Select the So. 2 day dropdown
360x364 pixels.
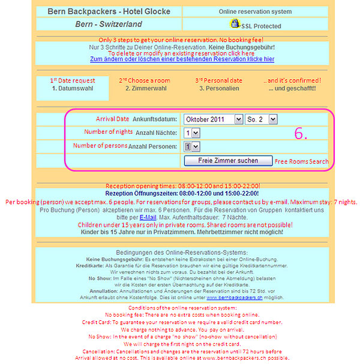(x=262, y=119)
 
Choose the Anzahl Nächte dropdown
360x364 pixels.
(x=192, y=133)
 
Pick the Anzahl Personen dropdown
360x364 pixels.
(x=192, y=146)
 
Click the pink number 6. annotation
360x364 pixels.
(x=301, y=134)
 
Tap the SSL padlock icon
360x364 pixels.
(x=235, y=24)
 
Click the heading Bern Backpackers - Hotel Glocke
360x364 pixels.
(x=108, y=11)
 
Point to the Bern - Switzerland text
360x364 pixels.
(x=109, y=25)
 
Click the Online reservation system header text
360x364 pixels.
(x=255, y=11)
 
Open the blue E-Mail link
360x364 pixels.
(x=148, y=217)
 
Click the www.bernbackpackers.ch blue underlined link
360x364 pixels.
(x=235, y=280)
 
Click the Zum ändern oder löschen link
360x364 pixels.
(x=182, y=59)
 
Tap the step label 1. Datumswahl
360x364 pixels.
(x=73, y=88)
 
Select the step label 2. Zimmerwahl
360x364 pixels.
(x=144, y=88)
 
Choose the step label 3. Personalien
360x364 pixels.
(x=219, y=88)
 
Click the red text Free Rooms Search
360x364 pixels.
(x=302, y=162)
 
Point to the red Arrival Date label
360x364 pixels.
(x=112, y=119)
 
